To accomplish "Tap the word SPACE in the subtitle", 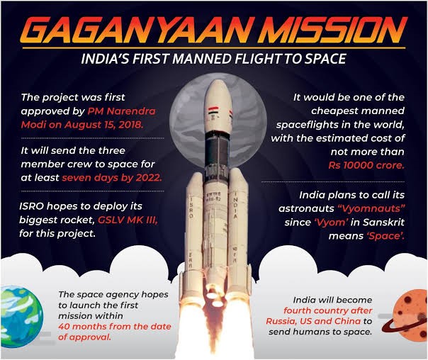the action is pos(325,59).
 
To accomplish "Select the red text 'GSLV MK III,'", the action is pos(128,220).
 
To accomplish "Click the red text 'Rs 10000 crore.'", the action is pos(366,165).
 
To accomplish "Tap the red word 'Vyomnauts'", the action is pos(371,208).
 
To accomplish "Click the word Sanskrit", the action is pos(383,223).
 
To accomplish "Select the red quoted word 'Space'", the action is pos(385,236).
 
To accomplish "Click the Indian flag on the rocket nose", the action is pos(213,111).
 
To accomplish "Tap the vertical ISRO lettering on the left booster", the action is pos(191,207).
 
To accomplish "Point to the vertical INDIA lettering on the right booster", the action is pos(235,206).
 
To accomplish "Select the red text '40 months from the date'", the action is pos(115,327).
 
